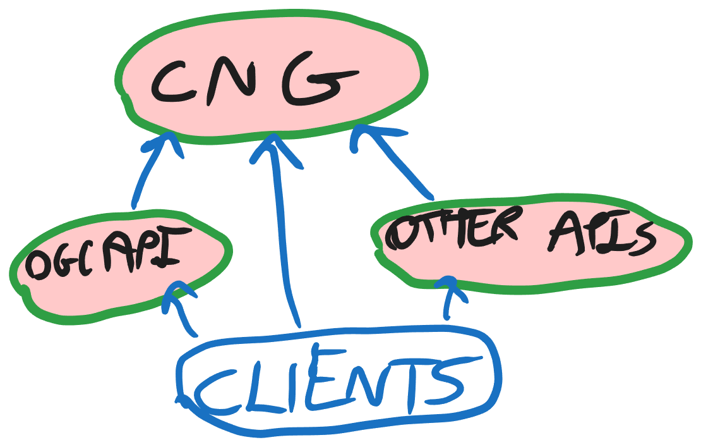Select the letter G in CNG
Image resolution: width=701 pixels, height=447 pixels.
point(318,80)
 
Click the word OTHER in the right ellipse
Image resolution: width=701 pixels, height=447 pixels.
point(452,228)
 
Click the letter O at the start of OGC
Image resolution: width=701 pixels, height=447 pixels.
point(37,266)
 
